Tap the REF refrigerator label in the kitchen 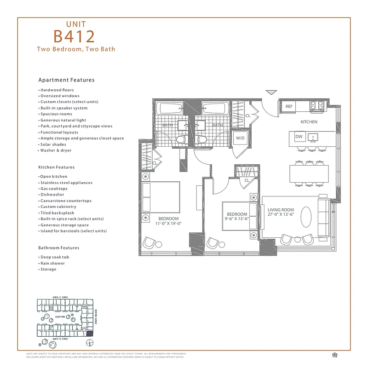point(289,106)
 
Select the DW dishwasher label point(299,137)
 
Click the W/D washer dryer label point(240,138)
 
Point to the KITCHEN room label point(309,122)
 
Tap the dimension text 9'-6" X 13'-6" point(237,219)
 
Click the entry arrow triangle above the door point(271,92)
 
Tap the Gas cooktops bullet point(54,189)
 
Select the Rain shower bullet point(52,263)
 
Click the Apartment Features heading point(66,80)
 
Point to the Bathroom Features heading point(58,247)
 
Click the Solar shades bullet point(53,144)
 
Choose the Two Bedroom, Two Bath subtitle point(76,49)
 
